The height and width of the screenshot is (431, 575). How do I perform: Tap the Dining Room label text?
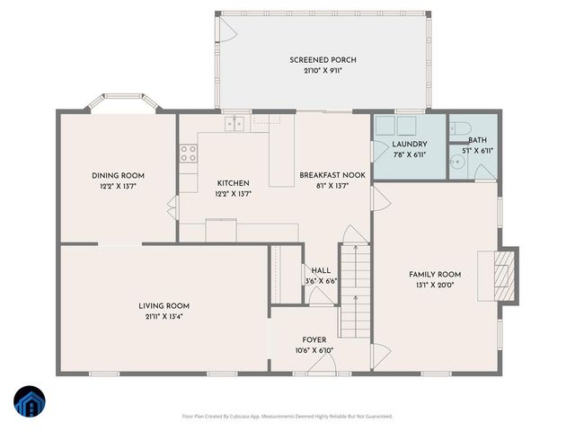[118, 175]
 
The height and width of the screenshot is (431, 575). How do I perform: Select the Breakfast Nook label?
[332, 175]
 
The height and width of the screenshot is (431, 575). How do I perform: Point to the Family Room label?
[435, 274]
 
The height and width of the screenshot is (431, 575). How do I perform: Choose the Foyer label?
[314, 339]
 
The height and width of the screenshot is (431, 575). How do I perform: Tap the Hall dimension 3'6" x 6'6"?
[321, 281]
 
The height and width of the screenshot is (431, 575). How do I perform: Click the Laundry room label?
[409, 145]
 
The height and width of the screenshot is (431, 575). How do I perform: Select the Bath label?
[477, 140]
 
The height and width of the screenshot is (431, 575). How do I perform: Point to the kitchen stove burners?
[189, 154]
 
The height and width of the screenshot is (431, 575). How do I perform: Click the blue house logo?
[29, 402]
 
